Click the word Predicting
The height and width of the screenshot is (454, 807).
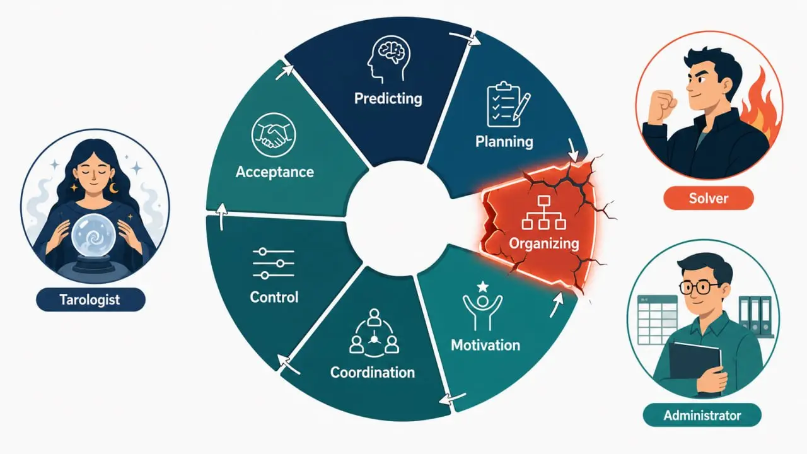pyautogui.click(x=388, y=98)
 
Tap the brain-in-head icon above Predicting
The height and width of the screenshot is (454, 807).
pyautogui.click(x=388, y=59)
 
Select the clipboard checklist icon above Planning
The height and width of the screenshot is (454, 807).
pyautogui.click(x=508, y=105)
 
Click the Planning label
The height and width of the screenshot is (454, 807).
pyautogui.click(x=504, y=141)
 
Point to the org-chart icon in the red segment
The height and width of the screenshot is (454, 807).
pyautogui.click(x=543, y=212)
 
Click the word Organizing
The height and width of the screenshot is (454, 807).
pyautogui.click(x=543, y=243)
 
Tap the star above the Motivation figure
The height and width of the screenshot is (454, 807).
pyautogui.click(x=482, y=287)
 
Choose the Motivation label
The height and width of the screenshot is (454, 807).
pyautogui.click(x=485, y=345)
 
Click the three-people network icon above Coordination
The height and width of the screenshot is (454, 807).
pyautogui.click(x=374, y=332)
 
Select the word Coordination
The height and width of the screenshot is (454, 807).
pyautogui.click(x=373, y=372)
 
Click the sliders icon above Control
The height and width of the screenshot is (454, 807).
pyautogui.click(x=274, y=264)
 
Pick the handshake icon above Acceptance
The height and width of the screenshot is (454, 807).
pyautogui.click(x=274, y=135)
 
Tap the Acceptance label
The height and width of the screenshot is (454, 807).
pyautogui.click(x=274, y=172)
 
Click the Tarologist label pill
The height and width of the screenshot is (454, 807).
pyautogui.click(x=90, y=300)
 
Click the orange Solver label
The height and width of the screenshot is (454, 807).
pyautogui.click(x=708, y=198)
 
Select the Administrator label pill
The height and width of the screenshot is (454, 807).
pyautogui.click(x=702, y=415)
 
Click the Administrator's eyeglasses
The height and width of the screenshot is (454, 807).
pyautogui.click(x=699, y=288)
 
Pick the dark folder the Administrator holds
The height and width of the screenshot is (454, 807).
pyautogui.click(x=695, y=364)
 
